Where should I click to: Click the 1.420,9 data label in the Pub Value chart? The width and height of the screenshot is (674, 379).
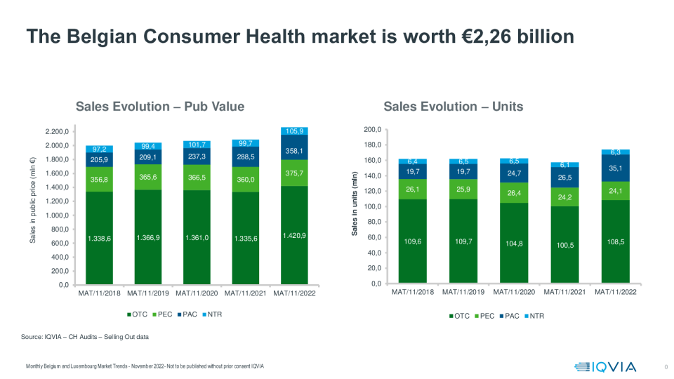click(295, 236)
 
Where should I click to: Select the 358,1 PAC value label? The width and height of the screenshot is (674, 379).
click(295, 150)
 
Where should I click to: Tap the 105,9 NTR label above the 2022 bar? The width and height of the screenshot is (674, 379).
click(295, 131)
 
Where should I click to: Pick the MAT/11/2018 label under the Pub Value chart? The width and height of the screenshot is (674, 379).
click(100, 293)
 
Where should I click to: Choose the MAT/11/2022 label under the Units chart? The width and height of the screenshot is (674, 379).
click(615, 291)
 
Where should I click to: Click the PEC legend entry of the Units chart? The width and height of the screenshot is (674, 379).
click(487, 316)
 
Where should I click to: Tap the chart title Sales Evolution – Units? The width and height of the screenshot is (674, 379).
click(453, 107)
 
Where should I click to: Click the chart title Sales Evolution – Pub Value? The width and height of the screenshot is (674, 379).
click(160, 107)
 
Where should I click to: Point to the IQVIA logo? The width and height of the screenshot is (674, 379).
click(605, 366)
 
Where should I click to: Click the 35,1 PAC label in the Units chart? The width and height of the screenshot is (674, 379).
click(615, 168)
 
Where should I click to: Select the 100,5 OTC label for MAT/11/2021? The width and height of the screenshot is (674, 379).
click(566, 246)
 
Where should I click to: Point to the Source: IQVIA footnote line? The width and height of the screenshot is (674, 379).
click(85, 338)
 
